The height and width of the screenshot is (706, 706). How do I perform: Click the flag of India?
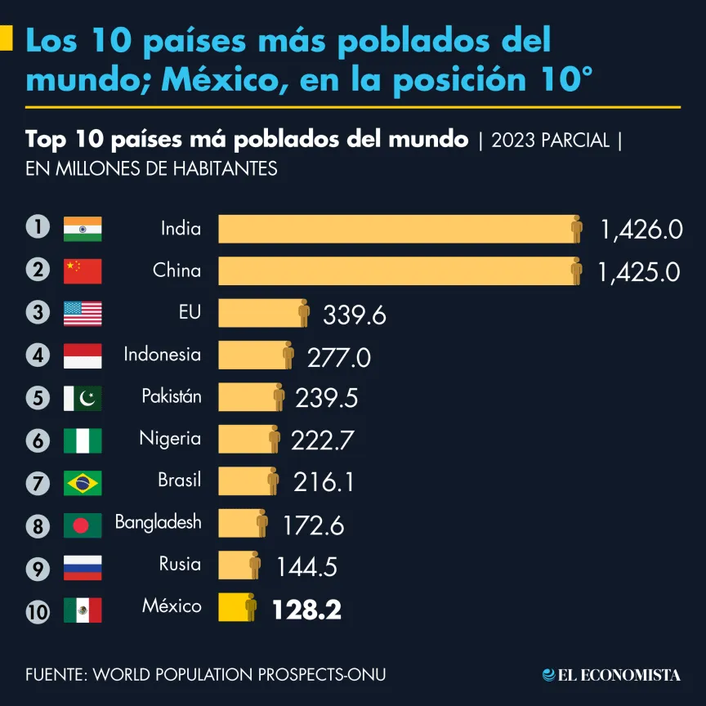(x=83, y=229)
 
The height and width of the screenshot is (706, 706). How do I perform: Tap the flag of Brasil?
(x=83, y=483)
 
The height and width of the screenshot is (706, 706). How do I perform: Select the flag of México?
(x=83, y=610)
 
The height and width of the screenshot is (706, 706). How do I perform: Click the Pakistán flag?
(x=83, y=398)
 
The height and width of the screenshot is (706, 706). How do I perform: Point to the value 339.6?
(x=355, y=315)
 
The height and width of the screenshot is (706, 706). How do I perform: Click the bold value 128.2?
(x=306, y=610)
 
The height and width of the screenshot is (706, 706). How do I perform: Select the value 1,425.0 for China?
(x=639, y=271)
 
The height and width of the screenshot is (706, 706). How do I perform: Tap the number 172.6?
(x=313, y=525)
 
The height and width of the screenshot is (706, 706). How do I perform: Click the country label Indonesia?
(x=162, y=355)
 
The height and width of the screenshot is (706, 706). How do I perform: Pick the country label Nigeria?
(x=169, y=439)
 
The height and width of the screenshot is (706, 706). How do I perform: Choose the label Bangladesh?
(x=158, y=522)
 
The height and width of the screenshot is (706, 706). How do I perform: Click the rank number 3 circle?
(x=38, y=313)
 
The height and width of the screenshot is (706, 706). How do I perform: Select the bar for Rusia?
(x=235, y=565)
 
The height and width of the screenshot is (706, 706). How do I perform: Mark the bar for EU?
(x=258, y=313)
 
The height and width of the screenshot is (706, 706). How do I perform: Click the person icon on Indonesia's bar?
(x=288, y=355)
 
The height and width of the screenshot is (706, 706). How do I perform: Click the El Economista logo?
(x=611, y=674)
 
